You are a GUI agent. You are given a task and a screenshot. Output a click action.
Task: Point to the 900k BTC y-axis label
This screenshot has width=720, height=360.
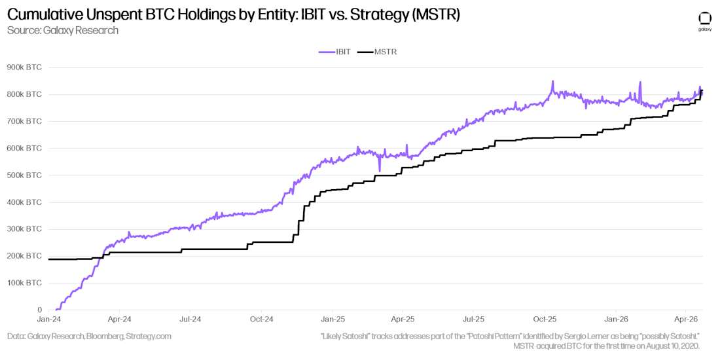[x=24, y=67]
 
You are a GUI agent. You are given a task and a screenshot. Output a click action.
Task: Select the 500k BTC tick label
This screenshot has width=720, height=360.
[x=24, y=175]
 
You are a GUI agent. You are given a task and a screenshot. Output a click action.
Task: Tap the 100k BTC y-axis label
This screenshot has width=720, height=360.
[x=24, y=283]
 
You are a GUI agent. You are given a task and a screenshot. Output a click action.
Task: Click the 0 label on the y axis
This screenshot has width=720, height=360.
[x=39, y=310]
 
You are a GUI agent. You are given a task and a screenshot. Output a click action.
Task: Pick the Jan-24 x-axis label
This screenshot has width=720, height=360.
[x=49, y=320]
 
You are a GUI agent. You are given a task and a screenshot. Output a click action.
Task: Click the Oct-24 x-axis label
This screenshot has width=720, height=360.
[x=261, y=320]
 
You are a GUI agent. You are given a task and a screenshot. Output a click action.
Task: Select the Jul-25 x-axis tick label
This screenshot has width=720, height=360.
[x=473, y=320]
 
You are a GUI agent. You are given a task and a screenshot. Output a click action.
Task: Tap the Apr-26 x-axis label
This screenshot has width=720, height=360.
[x=685, y=320]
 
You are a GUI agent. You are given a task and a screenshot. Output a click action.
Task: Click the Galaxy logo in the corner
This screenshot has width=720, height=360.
[x=705, y=20]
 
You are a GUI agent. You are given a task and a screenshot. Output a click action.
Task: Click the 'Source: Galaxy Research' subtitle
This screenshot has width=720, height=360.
[x=63, y=31]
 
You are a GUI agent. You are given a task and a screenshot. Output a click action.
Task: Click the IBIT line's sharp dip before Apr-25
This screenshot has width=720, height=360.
[x=380, y=171]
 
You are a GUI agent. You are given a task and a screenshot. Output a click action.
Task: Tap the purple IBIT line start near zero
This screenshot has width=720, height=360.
[x=57, y=309]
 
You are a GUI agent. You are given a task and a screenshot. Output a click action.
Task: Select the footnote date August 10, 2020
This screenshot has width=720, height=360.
[x=668, y=345]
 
